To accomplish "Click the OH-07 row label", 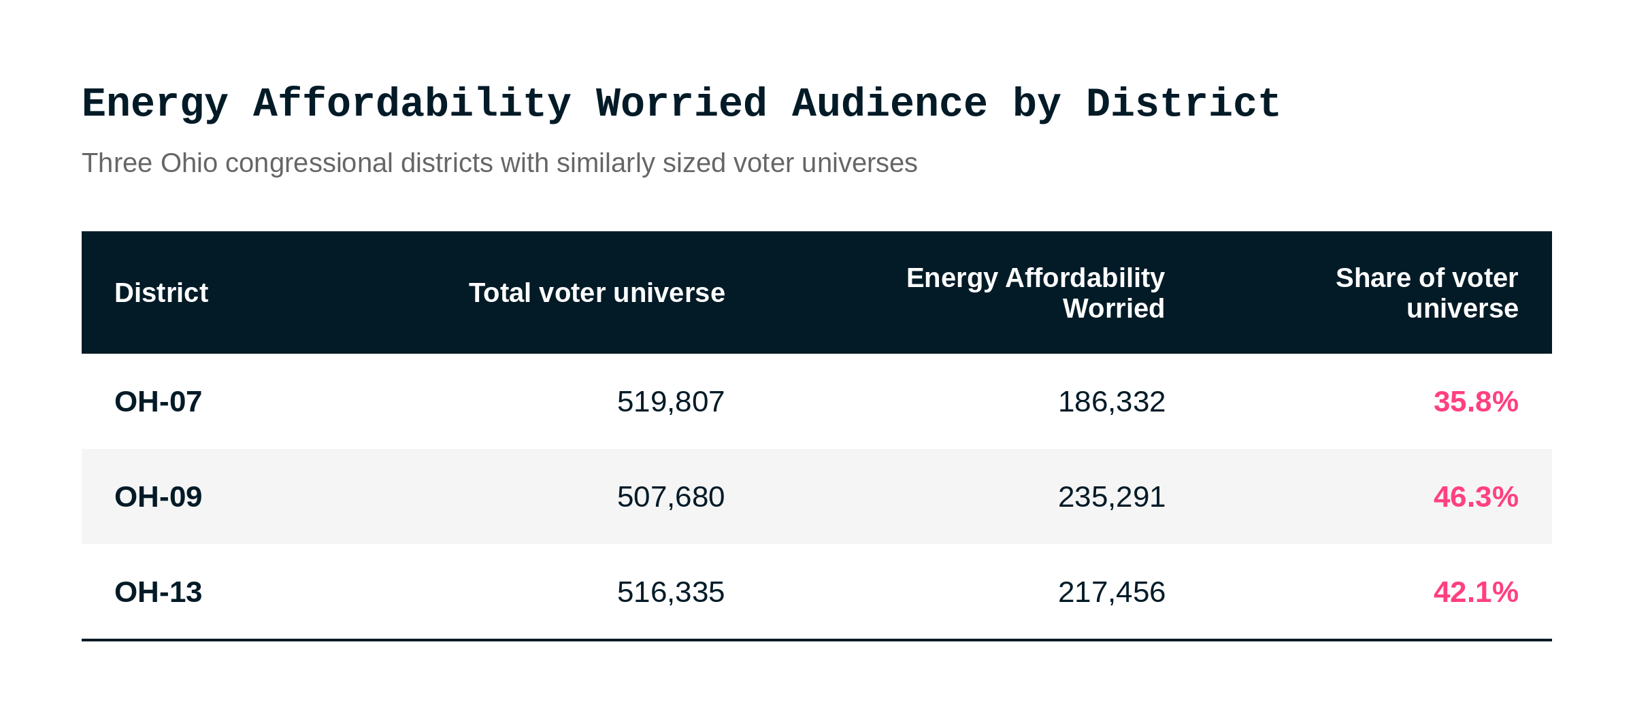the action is coord(158,402).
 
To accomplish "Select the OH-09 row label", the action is coord(158,497).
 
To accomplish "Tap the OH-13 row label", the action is coord(158,592).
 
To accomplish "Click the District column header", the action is coord(161,293).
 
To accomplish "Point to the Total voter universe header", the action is coord(597,293).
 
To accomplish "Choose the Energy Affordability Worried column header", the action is coord(1036,293).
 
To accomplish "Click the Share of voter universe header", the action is coord(1427,293).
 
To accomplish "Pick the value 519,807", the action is coord(671,402).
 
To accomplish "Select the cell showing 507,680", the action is coord(671,497).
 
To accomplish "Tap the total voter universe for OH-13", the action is coord(671,592).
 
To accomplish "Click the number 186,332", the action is coord(1112,402).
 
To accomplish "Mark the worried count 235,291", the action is coord(1112,497).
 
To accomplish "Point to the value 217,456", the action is coord(1112,592).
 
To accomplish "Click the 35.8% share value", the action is coord(1476,402).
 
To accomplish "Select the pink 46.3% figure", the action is coord(1476,497).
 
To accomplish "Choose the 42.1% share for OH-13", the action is coord(1476,592).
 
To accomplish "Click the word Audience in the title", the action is coord(889,104).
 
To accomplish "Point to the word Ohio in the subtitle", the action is coord(189,163).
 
